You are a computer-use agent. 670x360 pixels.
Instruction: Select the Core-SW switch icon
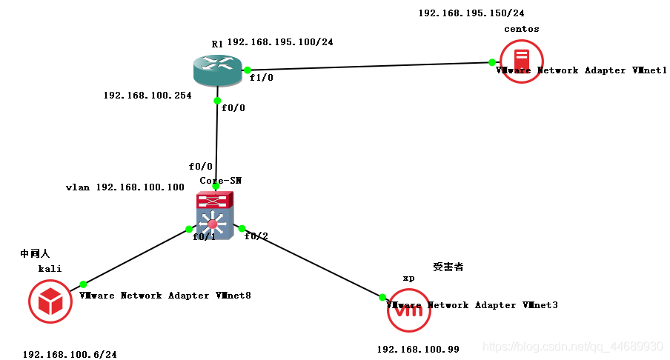tap(214, 215)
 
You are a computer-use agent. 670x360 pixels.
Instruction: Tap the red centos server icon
tap(521, 61)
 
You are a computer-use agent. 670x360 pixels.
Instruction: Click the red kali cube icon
tap(50, 301)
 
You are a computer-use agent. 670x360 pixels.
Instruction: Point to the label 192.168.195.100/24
tap(280, 42)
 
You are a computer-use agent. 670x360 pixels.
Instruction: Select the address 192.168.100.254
tap(147, 96)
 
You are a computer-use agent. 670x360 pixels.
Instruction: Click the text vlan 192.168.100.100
tap(125, 187)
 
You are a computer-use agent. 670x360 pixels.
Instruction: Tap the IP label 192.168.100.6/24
tap(70, 354)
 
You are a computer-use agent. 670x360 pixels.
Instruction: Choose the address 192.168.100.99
tap(418, 348)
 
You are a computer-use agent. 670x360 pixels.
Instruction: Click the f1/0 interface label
tap(262, 78)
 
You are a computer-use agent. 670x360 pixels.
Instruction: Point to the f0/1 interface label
tap(204, 237)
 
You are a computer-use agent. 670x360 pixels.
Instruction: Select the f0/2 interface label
tap(256, 236)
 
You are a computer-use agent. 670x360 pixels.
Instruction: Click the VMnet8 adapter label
tap(165, 296)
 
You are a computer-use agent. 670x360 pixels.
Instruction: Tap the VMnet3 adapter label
tap(472, 305)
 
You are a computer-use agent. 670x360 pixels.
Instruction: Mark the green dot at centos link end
tap(491, 62)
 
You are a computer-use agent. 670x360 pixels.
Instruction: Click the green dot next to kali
tap(83, 284)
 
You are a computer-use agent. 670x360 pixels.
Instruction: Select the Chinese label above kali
tap(35, 254)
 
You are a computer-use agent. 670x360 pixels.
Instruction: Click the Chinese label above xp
tap(448, 267)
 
